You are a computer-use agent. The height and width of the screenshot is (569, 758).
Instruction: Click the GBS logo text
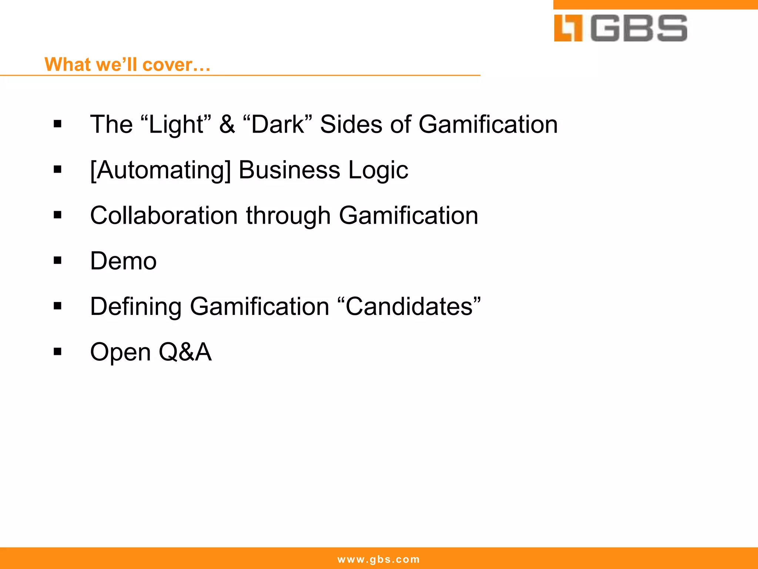click(x=639, y=28)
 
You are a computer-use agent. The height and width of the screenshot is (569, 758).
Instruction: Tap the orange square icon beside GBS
click(x=568, y=28)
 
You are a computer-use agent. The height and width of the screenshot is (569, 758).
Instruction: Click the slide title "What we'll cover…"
click(x=127, y=64)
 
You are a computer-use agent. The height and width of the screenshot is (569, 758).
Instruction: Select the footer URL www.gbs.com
click(x=379, y=559)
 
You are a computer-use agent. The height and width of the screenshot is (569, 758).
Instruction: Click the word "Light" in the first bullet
click(x=176, y=124)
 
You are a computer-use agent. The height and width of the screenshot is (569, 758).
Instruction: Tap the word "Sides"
click(x=351, y=124)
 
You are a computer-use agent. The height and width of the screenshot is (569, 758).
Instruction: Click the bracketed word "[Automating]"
click(x=160, y=170)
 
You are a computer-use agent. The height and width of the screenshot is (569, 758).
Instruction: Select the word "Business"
click(x=289, y=170)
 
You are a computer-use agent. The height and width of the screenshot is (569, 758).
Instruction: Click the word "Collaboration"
click(x=164, y=216)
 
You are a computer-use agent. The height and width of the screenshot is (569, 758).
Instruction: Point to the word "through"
click(x=288, y=216)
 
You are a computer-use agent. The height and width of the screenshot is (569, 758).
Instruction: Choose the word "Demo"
click(x=123, y=261)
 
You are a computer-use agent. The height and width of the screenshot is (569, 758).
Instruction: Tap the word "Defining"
click(x=135, y=307)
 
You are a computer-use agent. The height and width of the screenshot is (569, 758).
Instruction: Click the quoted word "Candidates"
click(x=409, y=307)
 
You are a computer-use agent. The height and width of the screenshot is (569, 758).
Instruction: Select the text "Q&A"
click(x=185, y=352)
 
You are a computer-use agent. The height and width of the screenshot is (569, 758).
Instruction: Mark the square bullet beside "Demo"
click(x=57, y=261)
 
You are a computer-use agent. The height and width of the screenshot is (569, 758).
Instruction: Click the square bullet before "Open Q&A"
click(x=57, y=352)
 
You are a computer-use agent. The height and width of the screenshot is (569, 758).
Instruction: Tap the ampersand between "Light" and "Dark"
click(x=227, y=124)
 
